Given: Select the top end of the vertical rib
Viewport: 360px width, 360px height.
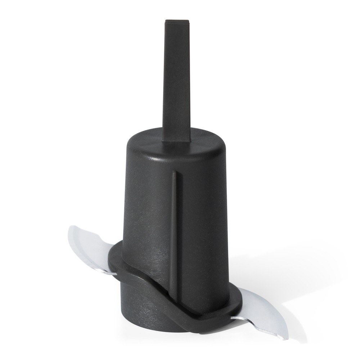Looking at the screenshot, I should click(x=174, y=173).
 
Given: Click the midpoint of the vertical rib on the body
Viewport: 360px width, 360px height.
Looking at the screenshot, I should click(x=174, y=230).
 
